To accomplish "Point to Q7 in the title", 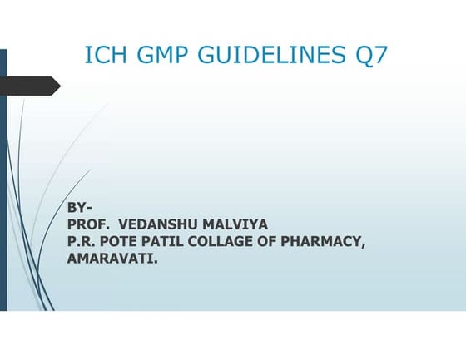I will [369, 56].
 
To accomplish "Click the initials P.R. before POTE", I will [82, 241].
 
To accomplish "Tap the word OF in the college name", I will [273, 241].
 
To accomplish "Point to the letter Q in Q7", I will [362, 56].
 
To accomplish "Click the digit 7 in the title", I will [379, 56].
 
